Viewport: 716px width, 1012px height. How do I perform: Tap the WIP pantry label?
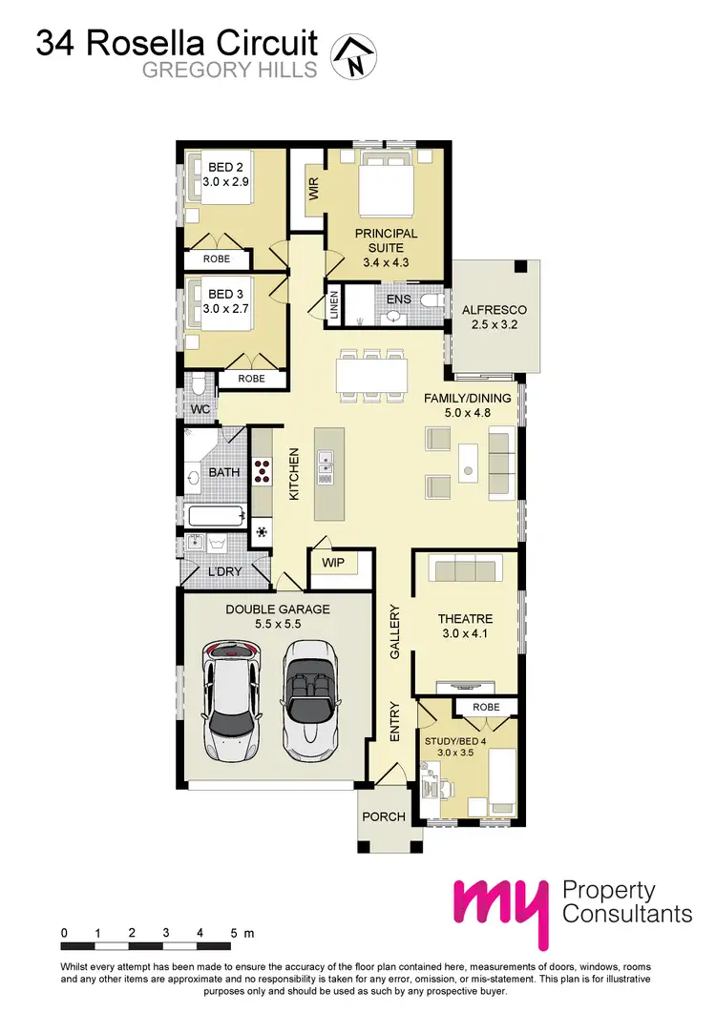[x=332, y=563]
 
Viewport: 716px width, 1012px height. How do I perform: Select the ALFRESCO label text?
[x=495, y=311]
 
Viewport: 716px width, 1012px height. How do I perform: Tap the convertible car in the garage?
[x=309, y=698]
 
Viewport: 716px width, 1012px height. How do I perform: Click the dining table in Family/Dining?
[x=371, y=375]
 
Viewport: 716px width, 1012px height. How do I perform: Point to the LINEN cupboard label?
[x=335, y=304]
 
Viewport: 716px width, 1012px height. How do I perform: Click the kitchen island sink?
[x=325, y=463]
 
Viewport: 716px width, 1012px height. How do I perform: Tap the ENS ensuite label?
[x=398, y=299]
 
